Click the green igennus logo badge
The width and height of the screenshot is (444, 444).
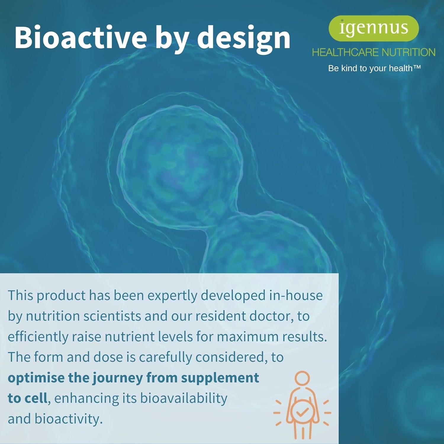[x=374, y=28]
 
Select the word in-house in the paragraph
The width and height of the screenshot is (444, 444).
[x=296, y=295]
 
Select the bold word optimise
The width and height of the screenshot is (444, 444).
[x=36, y=378]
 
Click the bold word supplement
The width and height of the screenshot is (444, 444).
[x=220, y=378]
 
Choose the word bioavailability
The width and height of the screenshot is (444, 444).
[x=184, y=398]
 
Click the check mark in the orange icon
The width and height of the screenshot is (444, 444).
[x=302, y=412]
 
